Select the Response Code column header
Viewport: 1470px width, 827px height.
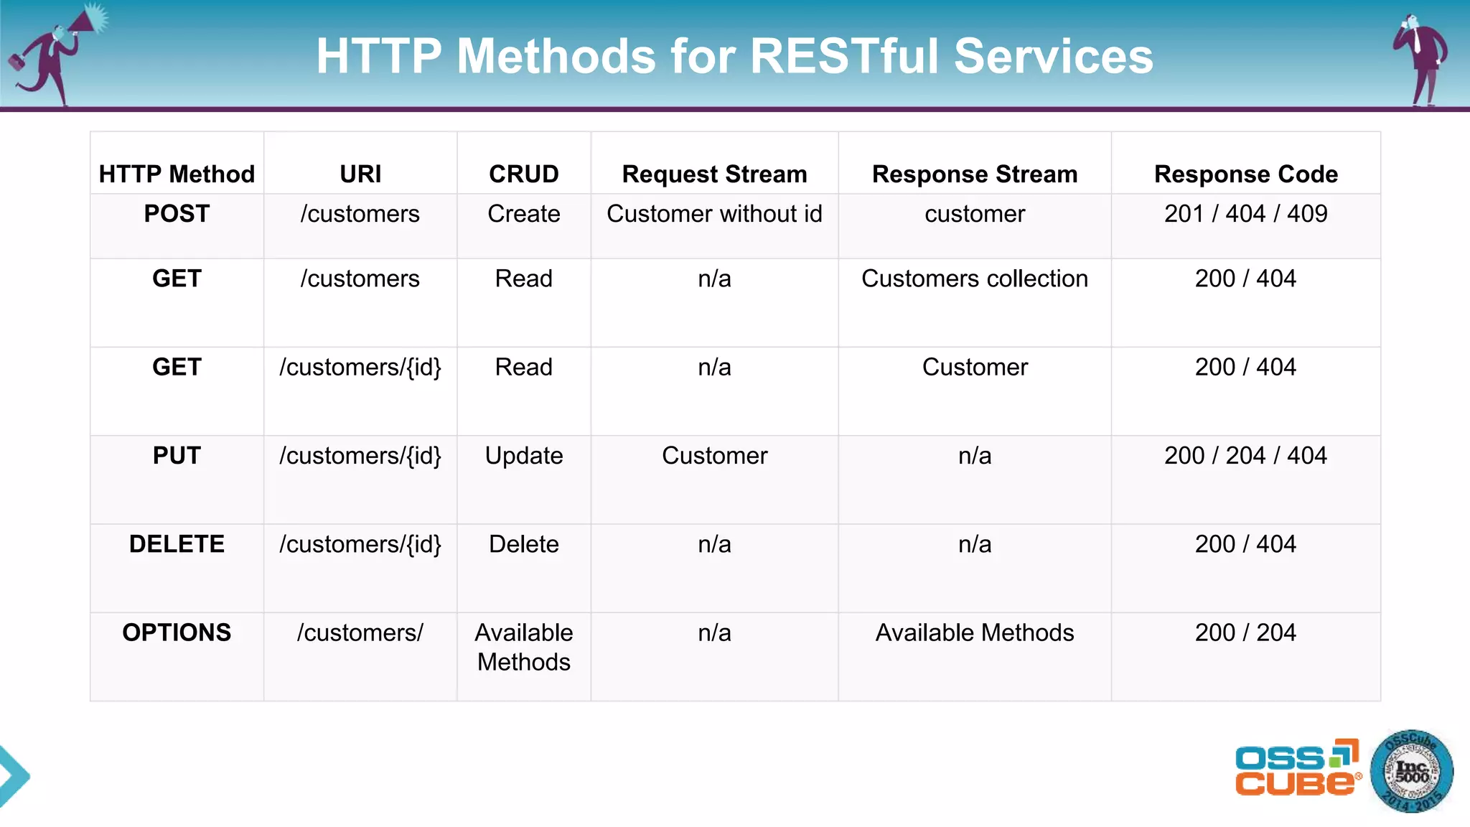click(1245, 174)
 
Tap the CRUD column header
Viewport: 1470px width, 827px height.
click(523, 174)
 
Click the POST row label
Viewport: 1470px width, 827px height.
click(177, 214)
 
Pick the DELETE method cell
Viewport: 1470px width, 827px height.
click(177, 544)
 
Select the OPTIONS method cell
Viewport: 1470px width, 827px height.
click(177, 632)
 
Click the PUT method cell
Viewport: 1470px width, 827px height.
click(177, 456)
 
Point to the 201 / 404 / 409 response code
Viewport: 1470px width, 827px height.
click(1245, 214)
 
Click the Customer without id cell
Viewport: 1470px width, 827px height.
click(714, 214)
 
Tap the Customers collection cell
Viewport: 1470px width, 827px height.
click(974, 279)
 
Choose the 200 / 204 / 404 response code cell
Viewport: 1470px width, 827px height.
click(1245, 456)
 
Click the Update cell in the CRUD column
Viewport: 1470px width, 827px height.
click(523, 456)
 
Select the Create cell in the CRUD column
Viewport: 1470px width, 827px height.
click(523, 214)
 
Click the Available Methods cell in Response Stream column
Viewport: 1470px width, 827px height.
click(974, 632)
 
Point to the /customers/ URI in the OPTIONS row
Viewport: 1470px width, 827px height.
click(360, 632)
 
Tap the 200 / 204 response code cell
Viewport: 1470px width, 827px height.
click(1245, 632)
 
